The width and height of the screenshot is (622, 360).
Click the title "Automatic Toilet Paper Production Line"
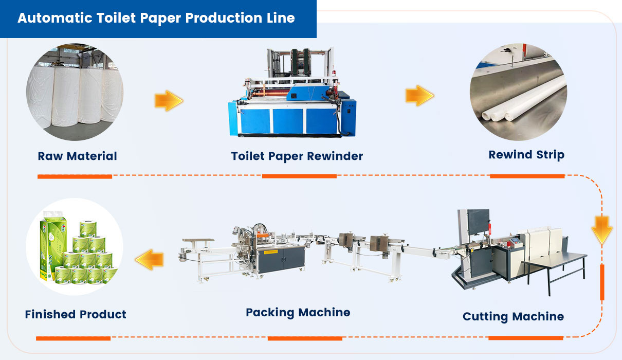156,18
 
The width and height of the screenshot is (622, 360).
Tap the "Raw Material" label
77,156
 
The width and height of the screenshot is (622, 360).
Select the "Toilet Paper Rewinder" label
297,156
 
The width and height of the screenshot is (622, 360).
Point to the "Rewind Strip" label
526,155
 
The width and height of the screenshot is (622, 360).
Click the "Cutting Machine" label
513,317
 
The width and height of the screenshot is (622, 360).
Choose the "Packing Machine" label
298,313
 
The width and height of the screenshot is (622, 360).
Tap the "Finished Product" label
76,314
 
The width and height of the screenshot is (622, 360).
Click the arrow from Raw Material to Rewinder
169,101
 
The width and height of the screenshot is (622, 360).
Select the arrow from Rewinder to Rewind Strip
419,96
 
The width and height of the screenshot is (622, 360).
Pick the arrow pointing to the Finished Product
150,260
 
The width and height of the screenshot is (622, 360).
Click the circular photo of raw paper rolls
75,92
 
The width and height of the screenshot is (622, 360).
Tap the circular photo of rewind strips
519,92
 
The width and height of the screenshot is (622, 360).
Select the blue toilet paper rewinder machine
292,93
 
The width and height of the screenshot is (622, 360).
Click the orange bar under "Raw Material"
75,177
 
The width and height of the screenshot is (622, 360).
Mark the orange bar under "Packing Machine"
305,338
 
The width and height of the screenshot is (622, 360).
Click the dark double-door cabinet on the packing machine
281,259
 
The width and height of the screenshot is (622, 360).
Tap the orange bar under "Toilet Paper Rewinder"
299,176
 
